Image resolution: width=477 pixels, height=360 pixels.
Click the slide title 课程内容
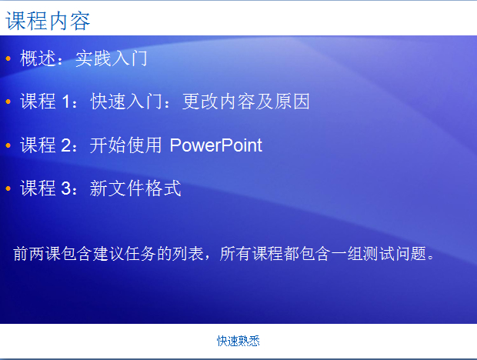(x=48, y=21)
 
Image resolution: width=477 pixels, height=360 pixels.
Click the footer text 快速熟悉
(x=239, y=341)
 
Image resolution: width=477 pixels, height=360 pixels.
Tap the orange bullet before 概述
(x=8, y=58)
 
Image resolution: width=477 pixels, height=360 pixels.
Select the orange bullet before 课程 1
(x=8, y=102)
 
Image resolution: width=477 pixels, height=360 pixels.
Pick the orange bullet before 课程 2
(x=8, y=145)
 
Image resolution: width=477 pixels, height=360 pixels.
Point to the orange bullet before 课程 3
(x=8, y=188)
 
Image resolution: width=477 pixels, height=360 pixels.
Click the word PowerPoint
(x=216, y=145)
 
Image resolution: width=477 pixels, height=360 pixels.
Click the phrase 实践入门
(x=112, y=58)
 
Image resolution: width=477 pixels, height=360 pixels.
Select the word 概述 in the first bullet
(x=38, y=58)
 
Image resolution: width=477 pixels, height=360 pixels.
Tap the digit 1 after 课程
(x=66, y=102)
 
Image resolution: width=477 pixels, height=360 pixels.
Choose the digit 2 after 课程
(x=66, y=145)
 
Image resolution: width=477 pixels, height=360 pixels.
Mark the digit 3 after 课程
(x=66, y=188)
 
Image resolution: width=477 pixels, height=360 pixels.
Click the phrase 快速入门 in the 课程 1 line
(x=126, y=102)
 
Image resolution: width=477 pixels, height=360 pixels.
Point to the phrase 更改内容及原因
(x=246, y=102)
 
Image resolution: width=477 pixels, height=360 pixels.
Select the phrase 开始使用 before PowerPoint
(x=125, y=145)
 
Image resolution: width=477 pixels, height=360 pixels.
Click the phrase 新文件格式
(x=135, y=188)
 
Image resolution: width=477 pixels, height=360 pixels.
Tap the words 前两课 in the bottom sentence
(x=37, y=254)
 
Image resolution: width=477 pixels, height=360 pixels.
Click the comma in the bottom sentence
(x=207, y=258)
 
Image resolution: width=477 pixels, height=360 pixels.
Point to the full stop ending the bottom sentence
(x=431, y=258)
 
